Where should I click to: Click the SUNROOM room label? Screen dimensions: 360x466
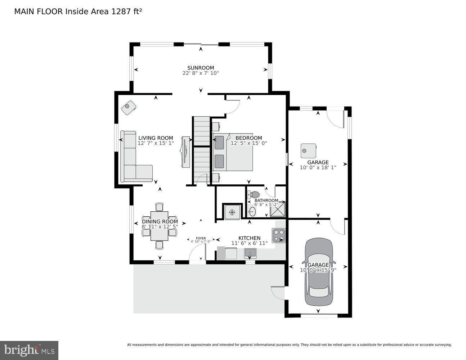pos(200,68)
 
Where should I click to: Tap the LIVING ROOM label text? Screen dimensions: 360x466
pos(156,138)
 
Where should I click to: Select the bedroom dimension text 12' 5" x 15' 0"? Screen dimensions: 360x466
pos(248,143)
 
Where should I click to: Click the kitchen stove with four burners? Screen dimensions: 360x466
pos(278,235)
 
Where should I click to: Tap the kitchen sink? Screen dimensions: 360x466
pos(250,253)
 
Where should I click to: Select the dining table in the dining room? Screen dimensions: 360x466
pos(159,226)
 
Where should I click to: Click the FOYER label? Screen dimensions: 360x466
pos(201,238)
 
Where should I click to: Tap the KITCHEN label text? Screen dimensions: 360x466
pos(249,238)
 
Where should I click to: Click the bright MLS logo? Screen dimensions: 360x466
pos(29,350)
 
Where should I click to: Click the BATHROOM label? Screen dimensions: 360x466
pos(266,201)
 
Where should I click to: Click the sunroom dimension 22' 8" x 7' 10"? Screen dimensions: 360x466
pos(200,73)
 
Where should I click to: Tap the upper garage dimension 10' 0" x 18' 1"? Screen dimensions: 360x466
pos(318,167)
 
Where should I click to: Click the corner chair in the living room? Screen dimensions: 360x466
pos(128,107)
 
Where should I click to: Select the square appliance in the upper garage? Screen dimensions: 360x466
pos(309,150)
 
